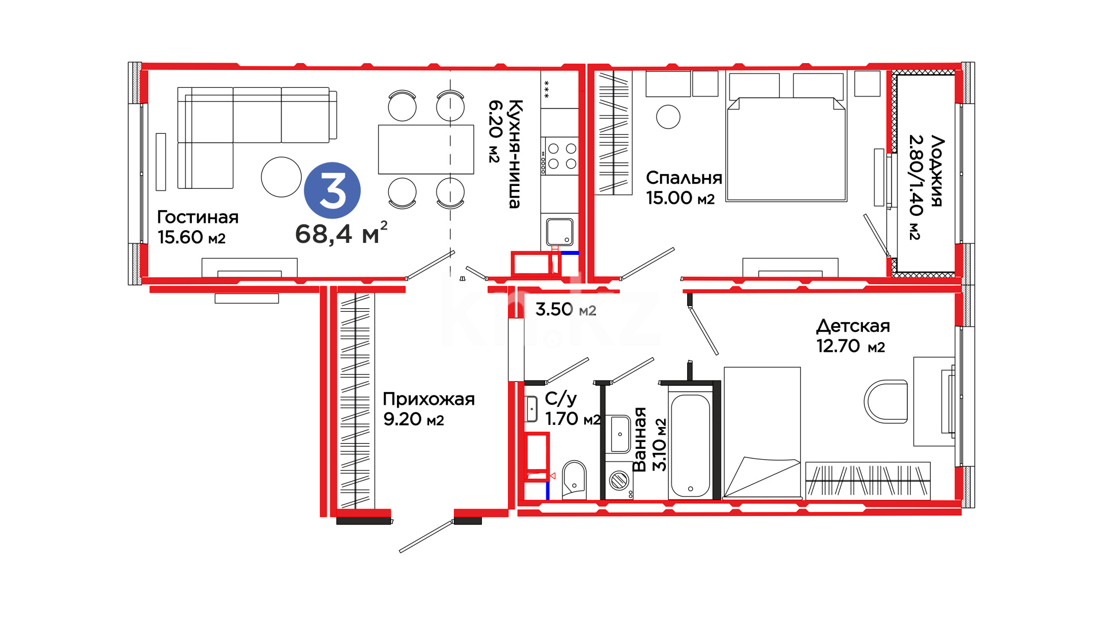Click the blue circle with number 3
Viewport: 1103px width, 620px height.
click(332, 191)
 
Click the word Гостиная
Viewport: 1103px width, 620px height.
click(198, 217)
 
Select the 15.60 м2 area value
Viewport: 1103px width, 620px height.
click(191, 237)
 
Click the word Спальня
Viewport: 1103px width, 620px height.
click(684, 177)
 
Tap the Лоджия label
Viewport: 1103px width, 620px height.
click(938, 171)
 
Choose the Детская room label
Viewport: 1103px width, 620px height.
click(853, 326)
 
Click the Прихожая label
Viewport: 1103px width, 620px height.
click(429, 399)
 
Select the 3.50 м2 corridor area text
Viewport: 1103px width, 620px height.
click(566, 309)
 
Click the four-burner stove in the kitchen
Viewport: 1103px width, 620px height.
click(562, 156)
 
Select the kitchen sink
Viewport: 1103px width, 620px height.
click(560, 232)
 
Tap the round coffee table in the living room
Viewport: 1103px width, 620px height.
click(281, 177)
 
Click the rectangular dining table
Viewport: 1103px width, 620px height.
click(426, 149)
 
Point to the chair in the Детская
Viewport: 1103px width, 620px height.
click(886, 401)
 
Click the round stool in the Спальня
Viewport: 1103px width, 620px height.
click(668, 117)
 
